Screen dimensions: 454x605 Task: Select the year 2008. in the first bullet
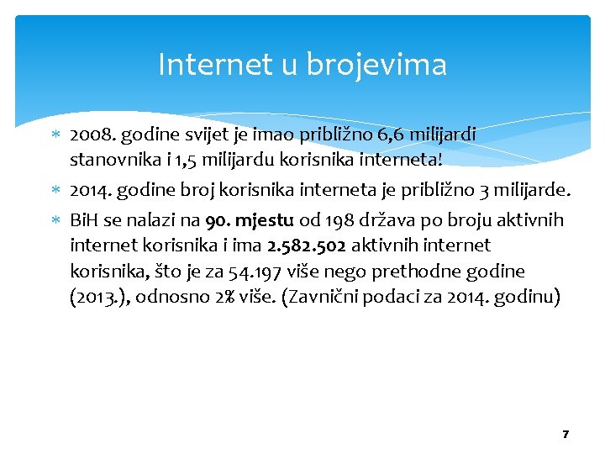pos(92,134)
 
